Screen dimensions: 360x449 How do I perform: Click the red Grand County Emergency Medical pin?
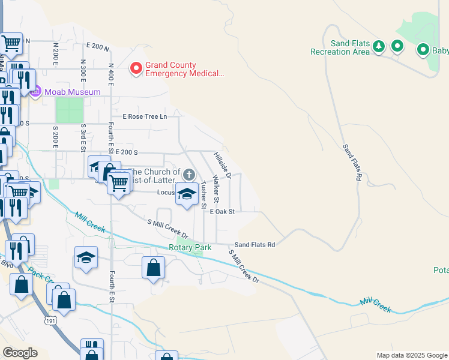tap(136, 69)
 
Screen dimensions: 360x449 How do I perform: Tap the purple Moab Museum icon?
tap(35, 92)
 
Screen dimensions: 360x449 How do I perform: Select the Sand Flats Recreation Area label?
tap(340, 47)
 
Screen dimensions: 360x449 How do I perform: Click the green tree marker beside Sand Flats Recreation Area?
tap(378, 46)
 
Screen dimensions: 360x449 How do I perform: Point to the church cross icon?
tap(189, 175)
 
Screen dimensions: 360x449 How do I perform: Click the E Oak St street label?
tap(221, 211)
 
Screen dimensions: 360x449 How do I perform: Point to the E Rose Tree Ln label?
tap(145, 116)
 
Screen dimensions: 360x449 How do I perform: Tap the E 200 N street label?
tap(98, 46)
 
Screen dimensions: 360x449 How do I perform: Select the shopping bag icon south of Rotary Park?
tap(153, 267)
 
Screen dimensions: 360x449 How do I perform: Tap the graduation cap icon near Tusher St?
tap(187, 194)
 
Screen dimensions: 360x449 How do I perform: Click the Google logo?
tap(20, 353)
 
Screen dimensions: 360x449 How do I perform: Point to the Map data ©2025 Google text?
tap(411, 355)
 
